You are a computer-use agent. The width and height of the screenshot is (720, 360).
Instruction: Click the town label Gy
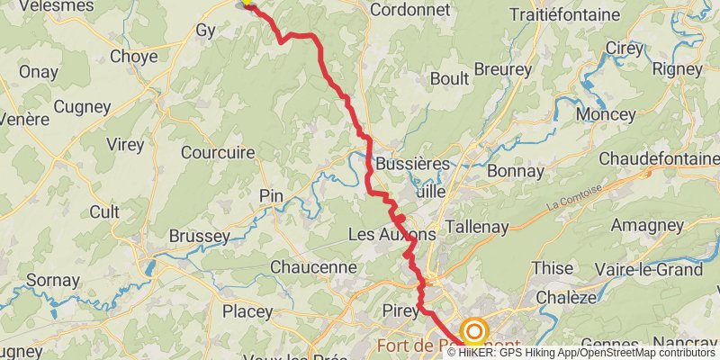204,31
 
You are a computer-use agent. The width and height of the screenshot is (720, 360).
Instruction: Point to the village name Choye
133,56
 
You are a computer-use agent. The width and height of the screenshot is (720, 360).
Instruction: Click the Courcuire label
218,152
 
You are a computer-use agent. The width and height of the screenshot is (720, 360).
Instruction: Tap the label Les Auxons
391,234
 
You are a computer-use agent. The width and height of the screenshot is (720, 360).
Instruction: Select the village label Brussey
199,236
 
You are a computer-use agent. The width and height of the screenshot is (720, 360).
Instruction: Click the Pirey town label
401,311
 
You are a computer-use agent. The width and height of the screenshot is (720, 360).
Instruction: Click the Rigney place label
676,68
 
